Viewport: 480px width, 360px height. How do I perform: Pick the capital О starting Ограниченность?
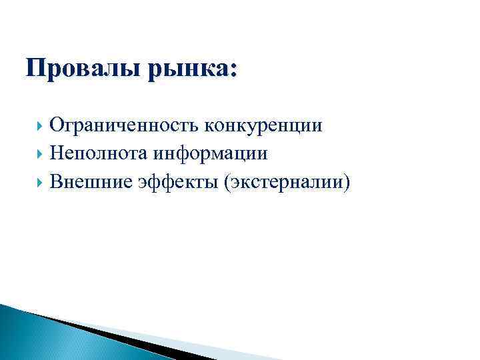pos(57,125)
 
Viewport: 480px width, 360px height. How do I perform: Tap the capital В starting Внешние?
pos(55,181)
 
